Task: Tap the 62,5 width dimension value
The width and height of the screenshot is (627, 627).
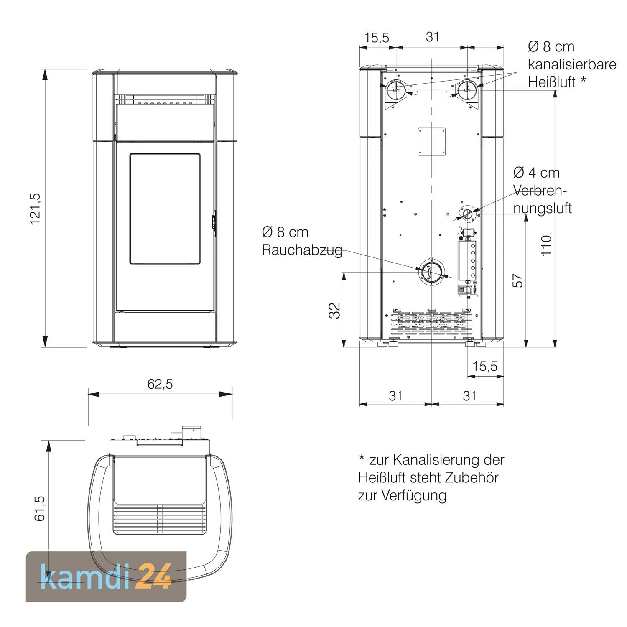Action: (160, 384)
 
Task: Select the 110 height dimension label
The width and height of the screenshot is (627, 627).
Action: (546, 246)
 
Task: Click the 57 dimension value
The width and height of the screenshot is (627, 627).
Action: (517, 281)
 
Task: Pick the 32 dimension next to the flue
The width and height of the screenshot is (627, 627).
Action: (335, 310)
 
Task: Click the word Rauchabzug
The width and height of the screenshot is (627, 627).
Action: (302, 250)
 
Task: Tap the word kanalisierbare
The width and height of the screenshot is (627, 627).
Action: (572, 64)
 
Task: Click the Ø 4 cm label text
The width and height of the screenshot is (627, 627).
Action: (536, 173)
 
